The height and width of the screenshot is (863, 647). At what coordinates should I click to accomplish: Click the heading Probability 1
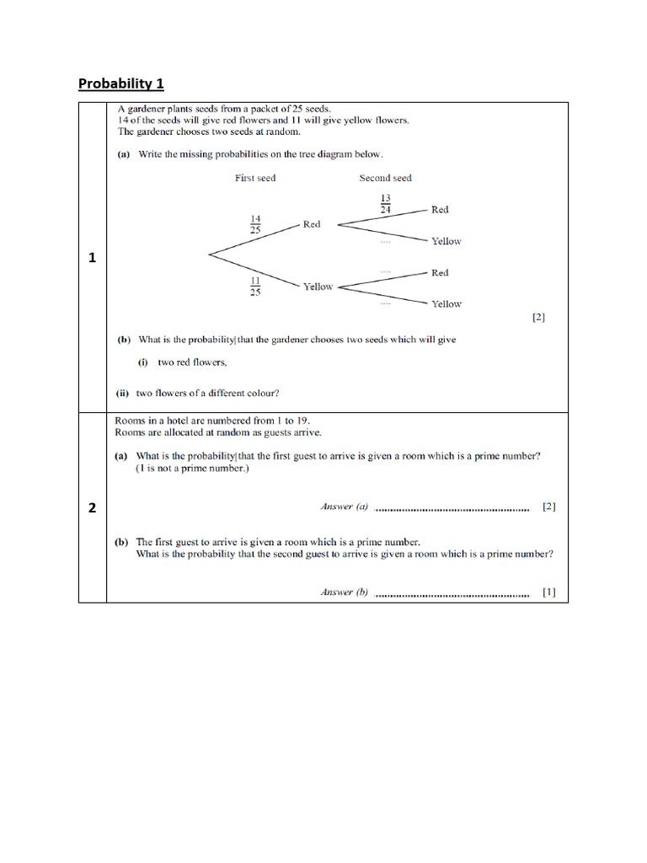(120, 83)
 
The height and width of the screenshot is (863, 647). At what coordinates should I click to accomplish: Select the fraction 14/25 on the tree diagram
(255, 223)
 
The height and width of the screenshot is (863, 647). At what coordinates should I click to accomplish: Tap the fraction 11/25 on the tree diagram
(254, 286)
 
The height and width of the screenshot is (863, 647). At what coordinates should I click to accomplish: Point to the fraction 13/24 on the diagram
(385, 204)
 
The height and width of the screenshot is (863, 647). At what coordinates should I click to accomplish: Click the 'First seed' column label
(255, 178)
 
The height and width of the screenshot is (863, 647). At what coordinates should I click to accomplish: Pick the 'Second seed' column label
(385, 178)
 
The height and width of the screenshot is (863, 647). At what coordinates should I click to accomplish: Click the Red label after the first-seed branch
(312, 224)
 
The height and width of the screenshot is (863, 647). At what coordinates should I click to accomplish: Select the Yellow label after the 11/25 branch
(318, 287)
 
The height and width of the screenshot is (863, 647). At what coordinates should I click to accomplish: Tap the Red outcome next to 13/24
(440, 209)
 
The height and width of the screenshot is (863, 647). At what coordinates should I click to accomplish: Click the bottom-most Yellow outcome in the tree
(446, 303)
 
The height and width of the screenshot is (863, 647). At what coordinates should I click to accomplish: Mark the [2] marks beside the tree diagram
(539, 318)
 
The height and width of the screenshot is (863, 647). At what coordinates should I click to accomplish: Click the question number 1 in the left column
(92, 259)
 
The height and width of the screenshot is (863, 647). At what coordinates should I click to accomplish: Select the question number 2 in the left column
(92, 507)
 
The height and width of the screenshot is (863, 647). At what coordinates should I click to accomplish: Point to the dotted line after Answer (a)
(451, 509)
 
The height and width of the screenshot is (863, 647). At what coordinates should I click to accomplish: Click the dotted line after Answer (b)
(451, 594)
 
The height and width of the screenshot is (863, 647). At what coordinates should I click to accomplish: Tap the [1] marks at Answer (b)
(549, 592)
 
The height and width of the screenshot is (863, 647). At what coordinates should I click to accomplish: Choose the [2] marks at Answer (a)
(549, 507)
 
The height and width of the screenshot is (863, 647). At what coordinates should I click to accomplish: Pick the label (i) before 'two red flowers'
(143, 362)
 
